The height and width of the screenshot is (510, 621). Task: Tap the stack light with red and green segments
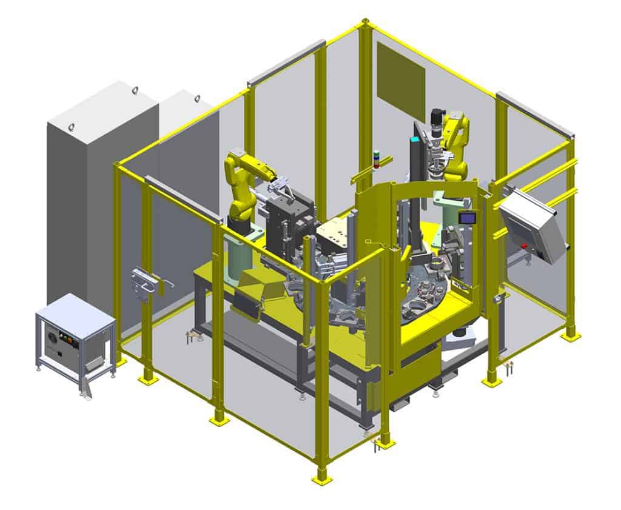pyautogui.click(x=378, y=158)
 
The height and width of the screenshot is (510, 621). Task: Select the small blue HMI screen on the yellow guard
pyautogui.click(x=466, y=218)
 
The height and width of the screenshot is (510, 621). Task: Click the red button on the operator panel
pyautogui.click(x=525, y=246)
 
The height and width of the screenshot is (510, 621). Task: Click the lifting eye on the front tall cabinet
pyautogui.click(x=71, y=126)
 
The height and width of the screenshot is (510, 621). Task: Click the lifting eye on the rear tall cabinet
pyautogui.click(x=134, y=91)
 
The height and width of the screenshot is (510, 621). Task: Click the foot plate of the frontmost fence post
pyautogui.click(x=322, y=478)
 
